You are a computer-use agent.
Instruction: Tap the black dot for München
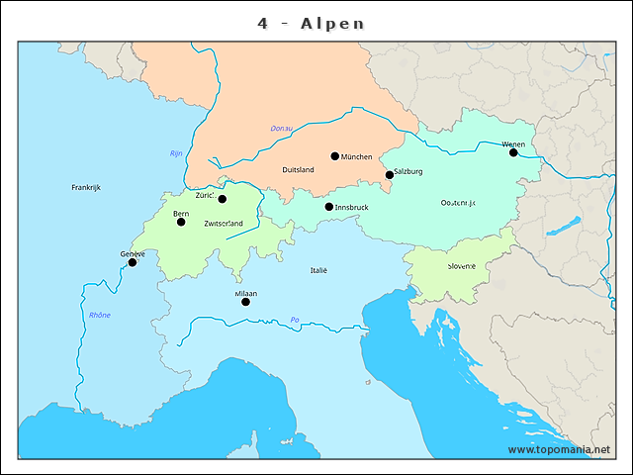(x=335, y=155)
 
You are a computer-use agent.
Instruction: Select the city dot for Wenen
(x=513, y=152)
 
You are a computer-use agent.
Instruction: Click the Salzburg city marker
(x=390, y=175)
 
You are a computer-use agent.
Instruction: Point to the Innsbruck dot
(x=329, y=207)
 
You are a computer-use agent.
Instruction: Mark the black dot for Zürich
(x=223, y=199)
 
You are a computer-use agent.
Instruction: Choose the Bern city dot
(x=181, y=222)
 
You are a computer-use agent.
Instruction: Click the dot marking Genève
(x=133, y=262)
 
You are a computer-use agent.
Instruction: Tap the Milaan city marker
(x=246, y=302)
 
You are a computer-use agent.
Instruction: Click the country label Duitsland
(x=298, y=170)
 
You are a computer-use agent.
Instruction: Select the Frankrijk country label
(x=86, y=187)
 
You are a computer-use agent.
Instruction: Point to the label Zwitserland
(x=223, y=224)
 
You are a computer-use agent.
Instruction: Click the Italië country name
(x=318, y=270)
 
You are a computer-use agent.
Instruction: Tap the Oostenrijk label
(x=458, y=203)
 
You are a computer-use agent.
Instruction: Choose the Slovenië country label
(x=461, y=266)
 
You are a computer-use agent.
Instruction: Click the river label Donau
(x=282, y=129)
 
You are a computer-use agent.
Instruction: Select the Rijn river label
(x=176, y=153)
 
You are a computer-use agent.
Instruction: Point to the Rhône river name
(x=100, y=315)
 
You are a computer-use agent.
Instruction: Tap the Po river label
(x=295, y=319)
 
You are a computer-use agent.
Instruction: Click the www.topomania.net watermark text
(x=559, y=450)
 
